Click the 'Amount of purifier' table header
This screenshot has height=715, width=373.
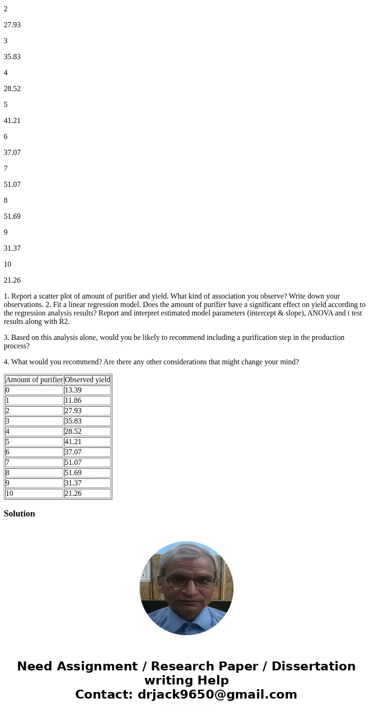(34, 380)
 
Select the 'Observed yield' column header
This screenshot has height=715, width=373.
(87, 380)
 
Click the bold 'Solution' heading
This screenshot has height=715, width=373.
(19, 514)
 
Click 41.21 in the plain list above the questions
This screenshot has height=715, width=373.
(12, 121)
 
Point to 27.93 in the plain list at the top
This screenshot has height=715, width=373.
(12, 25)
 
